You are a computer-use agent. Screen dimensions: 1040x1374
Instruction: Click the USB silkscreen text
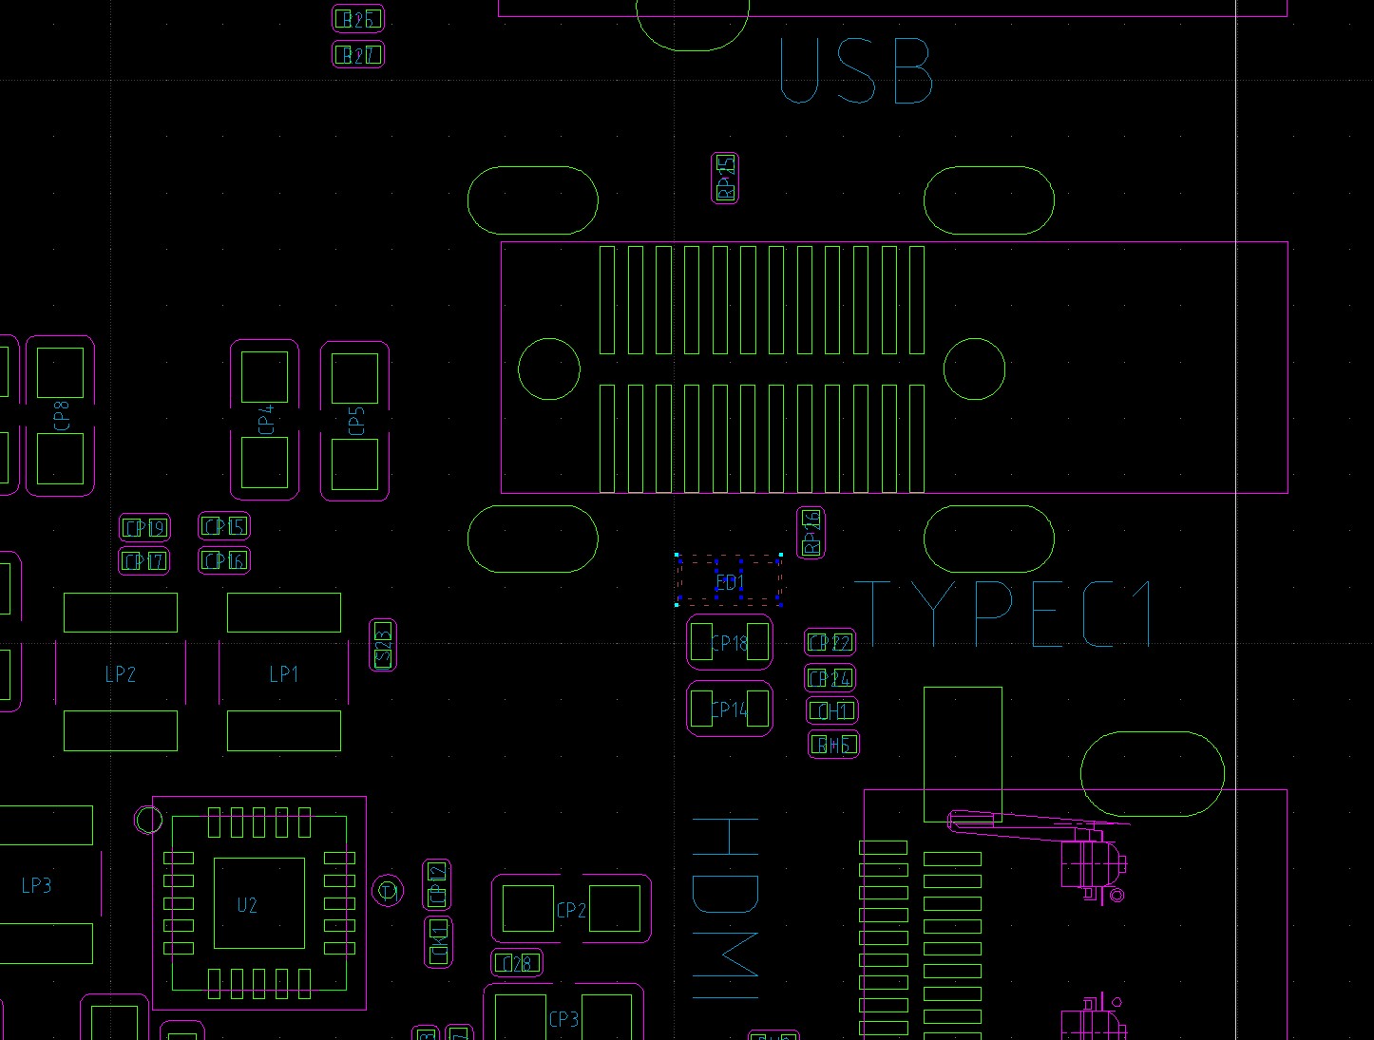(x=854, y=71)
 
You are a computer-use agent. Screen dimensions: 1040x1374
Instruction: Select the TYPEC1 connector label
(x=1003, y=614)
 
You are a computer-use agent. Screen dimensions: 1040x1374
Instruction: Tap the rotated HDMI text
(x=726, y=908)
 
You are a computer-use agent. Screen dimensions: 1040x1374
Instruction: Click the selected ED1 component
(x=729, y=581)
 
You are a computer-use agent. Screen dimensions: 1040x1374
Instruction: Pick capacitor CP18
(x=729, y=643)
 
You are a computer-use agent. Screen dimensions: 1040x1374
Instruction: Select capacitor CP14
(x=729, y=709)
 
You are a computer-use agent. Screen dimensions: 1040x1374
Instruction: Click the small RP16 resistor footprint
(x=811, y=533)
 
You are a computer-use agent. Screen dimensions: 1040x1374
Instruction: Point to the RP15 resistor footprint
(x=725, y=178)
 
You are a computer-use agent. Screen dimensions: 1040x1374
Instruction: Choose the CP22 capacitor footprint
(x=830, y=643)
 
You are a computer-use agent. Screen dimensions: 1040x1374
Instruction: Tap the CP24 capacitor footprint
(x=830, y=678)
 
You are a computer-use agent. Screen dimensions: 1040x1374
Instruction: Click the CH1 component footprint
(x=831, y=710)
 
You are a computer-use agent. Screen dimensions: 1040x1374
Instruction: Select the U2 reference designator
(x=247, y=904)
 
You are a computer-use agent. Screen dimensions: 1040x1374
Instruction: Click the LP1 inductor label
(x=283, y=674)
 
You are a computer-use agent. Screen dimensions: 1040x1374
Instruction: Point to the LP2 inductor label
(x=120, y=674)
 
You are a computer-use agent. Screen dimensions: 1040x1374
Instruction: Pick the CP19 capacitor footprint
(x=144, y=528)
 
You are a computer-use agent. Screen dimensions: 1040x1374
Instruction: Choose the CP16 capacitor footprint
(x=223, y=560)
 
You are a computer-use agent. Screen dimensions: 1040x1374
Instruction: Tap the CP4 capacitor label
(x=266, y=419)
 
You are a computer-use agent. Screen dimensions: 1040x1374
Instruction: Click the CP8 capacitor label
(x=62, y=416)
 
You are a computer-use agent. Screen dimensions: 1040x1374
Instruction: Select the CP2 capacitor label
(x=570, y=910)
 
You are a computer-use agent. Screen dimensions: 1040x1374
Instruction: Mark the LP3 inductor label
(x=36, y=885)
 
